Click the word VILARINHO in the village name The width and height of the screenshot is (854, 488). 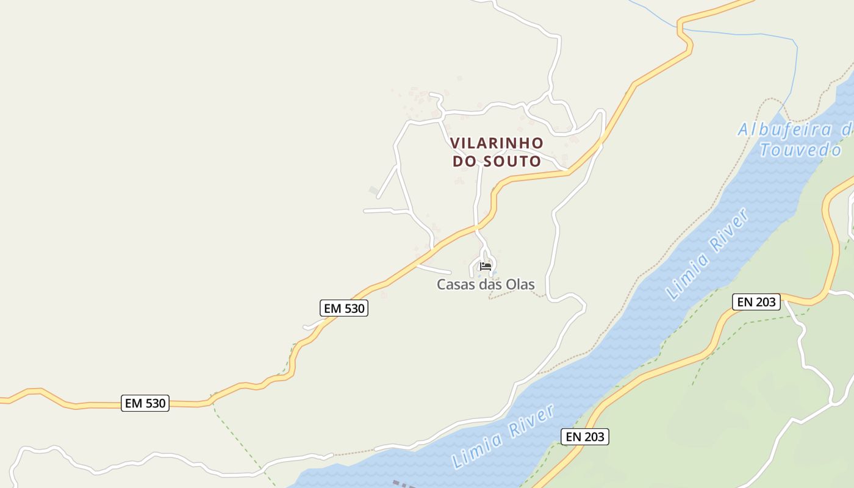coord(497,143)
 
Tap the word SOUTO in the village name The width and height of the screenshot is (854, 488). coord(512,161)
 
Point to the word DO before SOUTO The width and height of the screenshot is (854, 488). coord(465,161)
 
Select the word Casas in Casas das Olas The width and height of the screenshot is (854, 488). coord(454,284)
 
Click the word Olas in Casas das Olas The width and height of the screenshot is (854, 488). coord(520,284)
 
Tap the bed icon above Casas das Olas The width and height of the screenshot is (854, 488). coord(486,266)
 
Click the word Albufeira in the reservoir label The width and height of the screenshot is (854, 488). coord(784,129)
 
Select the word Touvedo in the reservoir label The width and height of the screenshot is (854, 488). coord(800,149)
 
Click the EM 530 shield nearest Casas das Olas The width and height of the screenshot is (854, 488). coord(344,308)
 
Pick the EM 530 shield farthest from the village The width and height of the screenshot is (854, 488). coord(145,403)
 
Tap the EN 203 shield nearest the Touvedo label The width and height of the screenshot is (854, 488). coord(756,301)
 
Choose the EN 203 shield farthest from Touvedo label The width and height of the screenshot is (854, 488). coord(585,436)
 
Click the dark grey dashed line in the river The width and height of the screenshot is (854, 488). coord(406,484)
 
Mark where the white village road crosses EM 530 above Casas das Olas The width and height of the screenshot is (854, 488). coord(476,227)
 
